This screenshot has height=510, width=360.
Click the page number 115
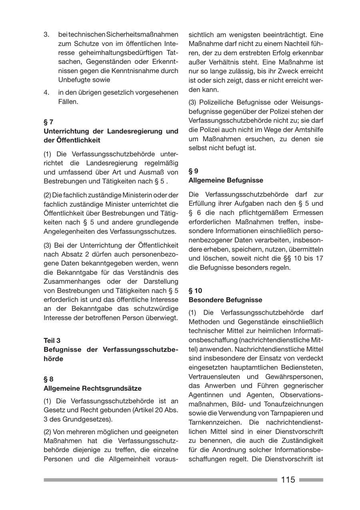tap(288, 480)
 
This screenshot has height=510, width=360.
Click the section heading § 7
tap(48, 122)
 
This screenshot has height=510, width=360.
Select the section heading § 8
tap(48, 379)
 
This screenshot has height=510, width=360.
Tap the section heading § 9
tap(193, 171)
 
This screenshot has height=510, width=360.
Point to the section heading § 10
tap(195, 291)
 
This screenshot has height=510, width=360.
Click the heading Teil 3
tap(52, 341)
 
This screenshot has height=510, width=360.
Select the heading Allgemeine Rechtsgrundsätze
tap(92, 388)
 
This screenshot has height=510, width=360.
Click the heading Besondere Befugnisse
tap(225, 300)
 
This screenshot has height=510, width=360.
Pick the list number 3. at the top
tap(46, 34)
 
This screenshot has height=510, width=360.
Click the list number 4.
tap(46, 92)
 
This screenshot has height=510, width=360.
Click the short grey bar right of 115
tap(311, 480)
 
